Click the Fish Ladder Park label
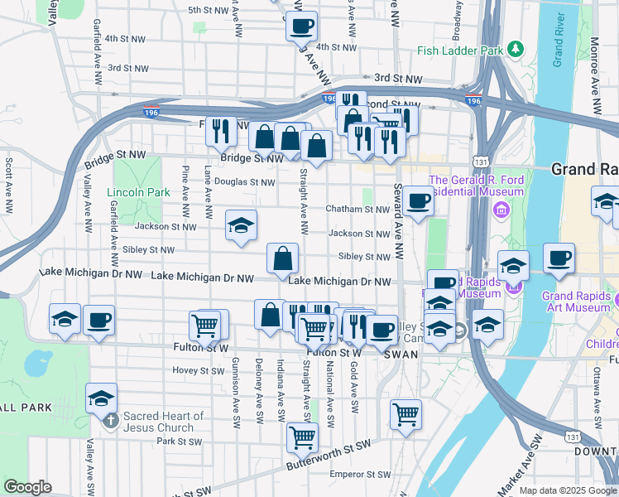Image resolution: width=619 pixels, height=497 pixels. (460, 51)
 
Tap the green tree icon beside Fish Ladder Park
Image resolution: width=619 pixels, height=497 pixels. (516, 50)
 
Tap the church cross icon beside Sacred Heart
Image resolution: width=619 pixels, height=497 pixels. (110, 422)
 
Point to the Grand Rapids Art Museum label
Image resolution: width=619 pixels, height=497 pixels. (576, 302)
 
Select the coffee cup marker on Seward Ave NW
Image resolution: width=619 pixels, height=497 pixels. (418, 200)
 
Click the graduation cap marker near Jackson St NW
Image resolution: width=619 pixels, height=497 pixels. (241, 225)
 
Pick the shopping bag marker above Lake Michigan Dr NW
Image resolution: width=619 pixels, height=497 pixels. (282, 258)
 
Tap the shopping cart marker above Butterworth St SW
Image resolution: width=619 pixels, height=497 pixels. (302, 437)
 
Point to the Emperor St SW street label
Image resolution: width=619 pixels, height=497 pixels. (360, 475)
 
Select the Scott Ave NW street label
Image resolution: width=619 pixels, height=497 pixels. (9, 183)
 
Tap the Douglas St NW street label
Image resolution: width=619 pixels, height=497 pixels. (244, 181)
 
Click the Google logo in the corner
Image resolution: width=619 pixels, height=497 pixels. (27, 487)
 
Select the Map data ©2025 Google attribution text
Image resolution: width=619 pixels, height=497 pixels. (568, 490)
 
